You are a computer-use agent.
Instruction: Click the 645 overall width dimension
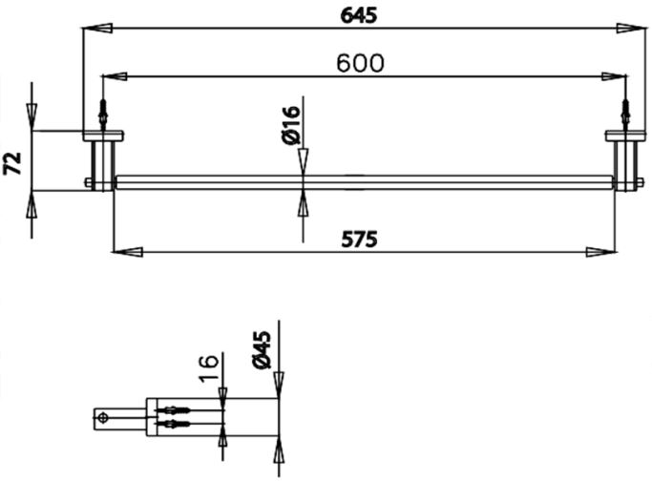pos(358,15)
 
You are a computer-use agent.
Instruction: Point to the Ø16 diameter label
pos(292,125)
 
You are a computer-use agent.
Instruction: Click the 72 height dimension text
pos(13,162)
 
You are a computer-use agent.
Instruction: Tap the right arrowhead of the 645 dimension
pos(630,30)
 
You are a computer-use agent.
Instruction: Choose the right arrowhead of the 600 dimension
pos(612,75)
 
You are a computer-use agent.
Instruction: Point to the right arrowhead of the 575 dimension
pos(600,252)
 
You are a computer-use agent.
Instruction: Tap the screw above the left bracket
pos(102,115)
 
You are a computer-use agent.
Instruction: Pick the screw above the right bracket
pos(626,115)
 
